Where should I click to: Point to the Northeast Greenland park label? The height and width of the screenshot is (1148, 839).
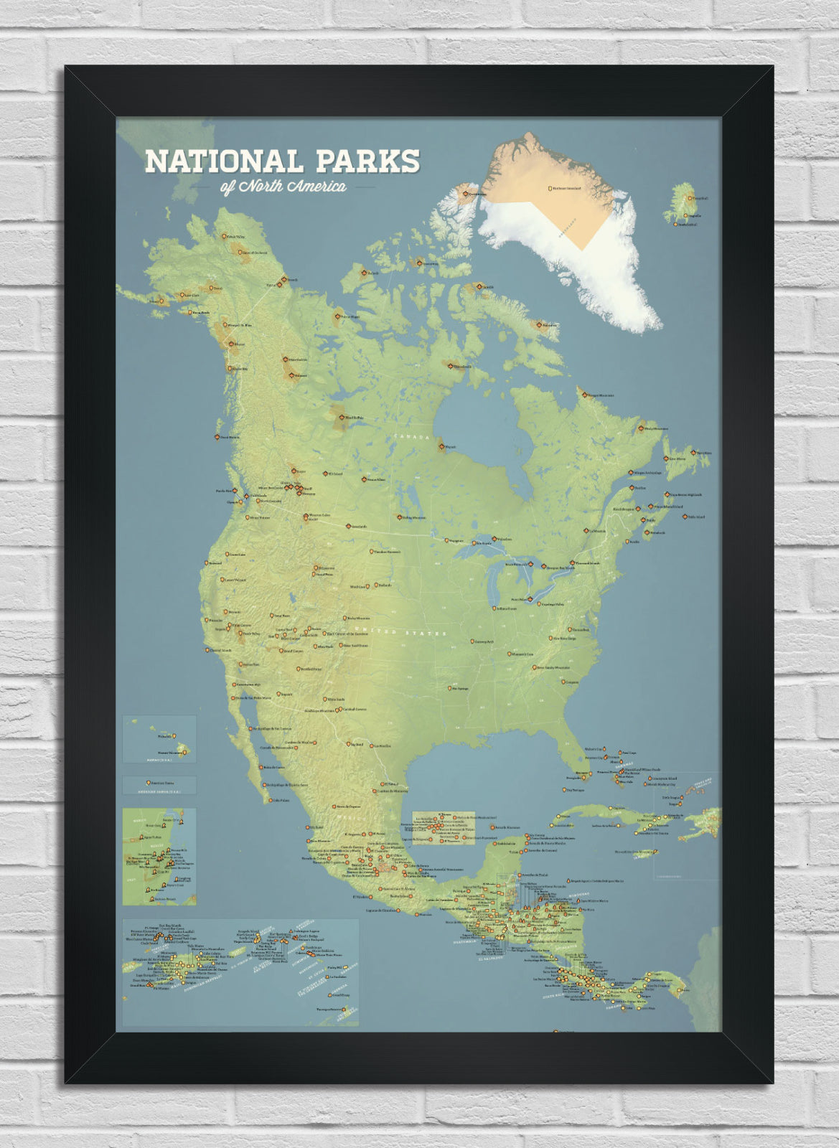566,189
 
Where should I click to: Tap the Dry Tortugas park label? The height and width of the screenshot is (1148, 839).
575,790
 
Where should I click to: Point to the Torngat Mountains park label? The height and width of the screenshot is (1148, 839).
600,395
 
